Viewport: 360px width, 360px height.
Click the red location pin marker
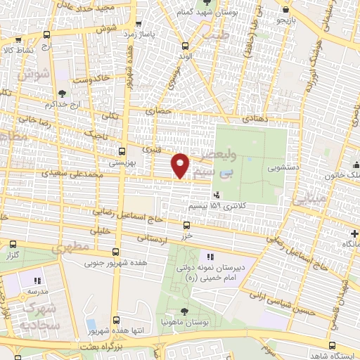tap(181, 165)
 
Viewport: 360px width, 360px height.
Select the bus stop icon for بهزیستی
tap(122, 150)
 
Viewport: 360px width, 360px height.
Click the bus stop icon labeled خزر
tap(186, 226)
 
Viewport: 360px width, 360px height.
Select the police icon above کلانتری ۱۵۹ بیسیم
tap(217, 195)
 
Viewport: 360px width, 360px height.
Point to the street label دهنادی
tap(252, 120)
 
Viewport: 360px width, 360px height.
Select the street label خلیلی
tap(103, 229)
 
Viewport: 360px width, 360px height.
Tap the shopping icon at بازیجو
tap(288, 10)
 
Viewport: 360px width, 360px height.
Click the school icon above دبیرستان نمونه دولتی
tap(209, 258)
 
